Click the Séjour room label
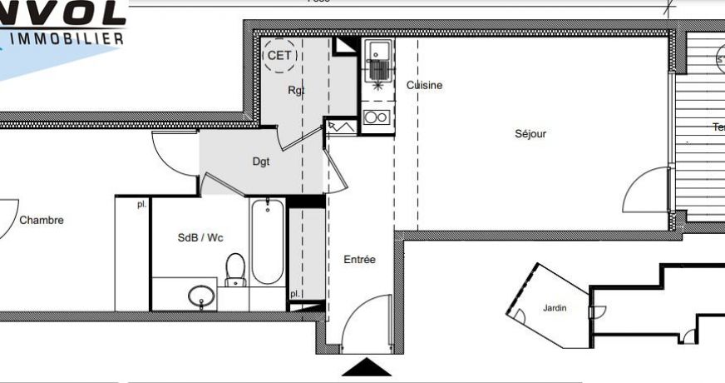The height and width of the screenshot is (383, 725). pos(530,133)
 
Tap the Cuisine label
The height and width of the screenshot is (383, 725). pos(424,85)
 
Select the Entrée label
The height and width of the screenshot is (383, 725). pos(360,260)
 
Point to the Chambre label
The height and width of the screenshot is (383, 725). pos(42,221)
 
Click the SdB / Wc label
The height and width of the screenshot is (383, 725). pos(200,237)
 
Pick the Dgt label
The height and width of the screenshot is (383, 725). pos(262,162)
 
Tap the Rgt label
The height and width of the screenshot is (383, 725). pos(296,90)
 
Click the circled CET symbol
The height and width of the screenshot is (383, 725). pos(279,56)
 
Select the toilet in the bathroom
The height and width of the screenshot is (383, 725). pos(235,270)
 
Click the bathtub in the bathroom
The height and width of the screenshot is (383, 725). pos(268,241)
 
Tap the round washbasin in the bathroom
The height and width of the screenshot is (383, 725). pos(200,296)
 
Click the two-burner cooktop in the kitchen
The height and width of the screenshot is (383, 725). pos(377,117)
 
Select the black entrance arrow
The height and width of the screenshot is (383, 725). pos(367,367)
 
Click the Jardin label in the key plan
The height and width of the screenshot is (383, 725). pos(555,308)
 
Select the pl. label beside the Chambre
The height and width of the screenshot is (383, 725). pos(142,203)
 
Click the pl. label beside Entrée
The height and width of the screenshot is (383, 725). pos(295,294)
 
